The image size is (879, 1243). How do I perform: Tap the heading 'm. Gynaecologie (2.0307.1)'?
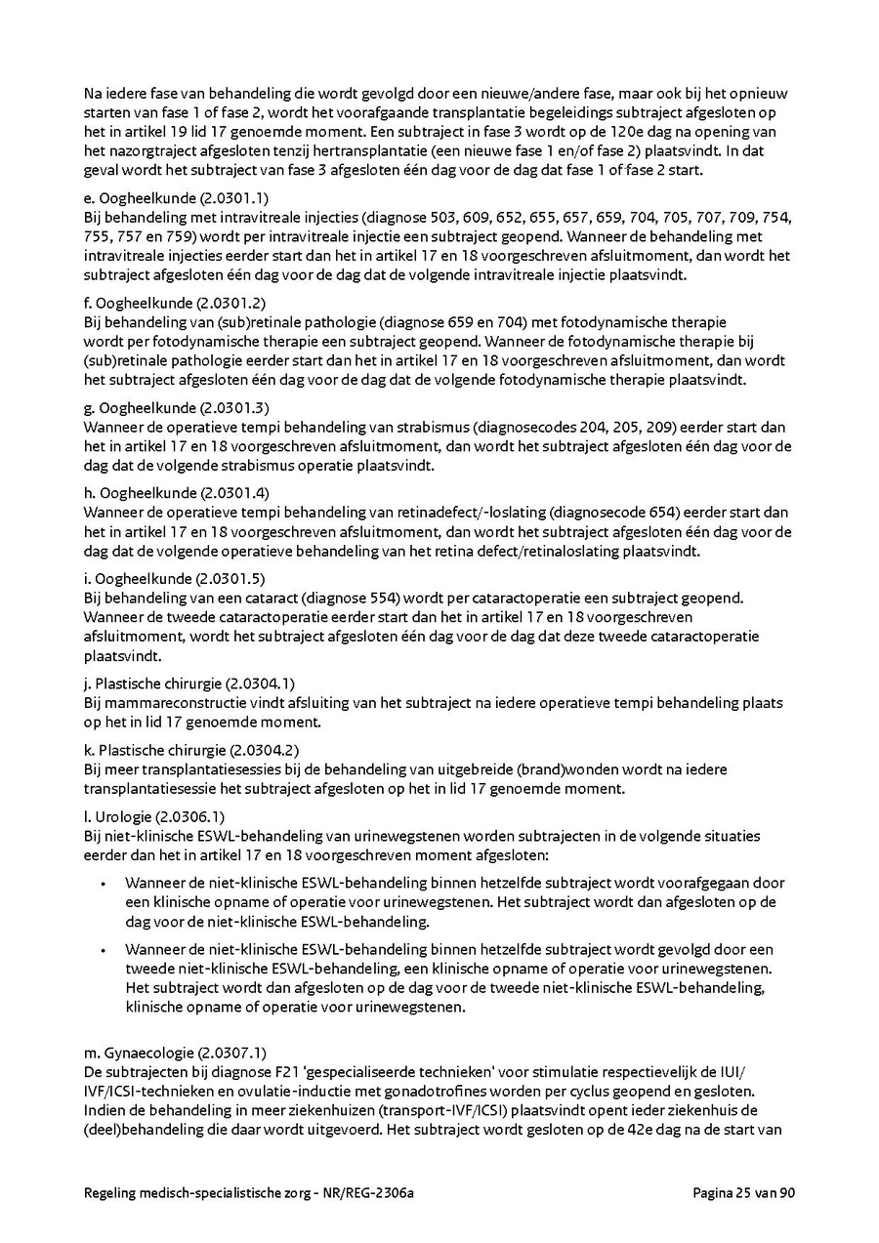161,1052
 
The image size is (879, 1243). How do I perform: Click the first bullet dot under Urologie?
104,883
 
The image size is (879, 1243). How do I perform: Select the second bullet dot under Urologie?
104,948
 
